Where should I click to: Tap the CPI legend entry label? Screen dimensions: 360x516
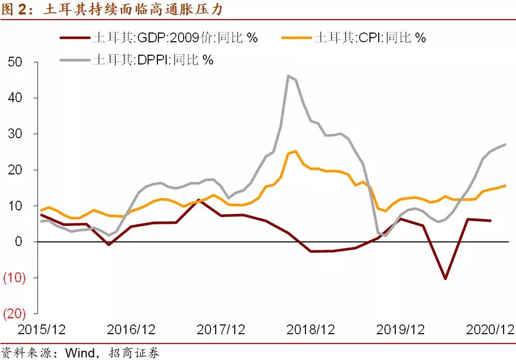click(370, 38)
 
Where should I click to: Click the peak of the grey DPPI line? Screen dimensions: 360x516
click(288, 76)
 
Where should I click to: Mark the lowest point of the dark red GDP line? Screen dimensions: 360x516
click(445, 279)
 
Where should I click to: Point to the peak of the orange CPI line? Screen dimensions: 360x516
click(295, 151)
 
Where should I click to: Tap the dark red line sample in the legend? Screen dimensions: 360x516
click(75, 38)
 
